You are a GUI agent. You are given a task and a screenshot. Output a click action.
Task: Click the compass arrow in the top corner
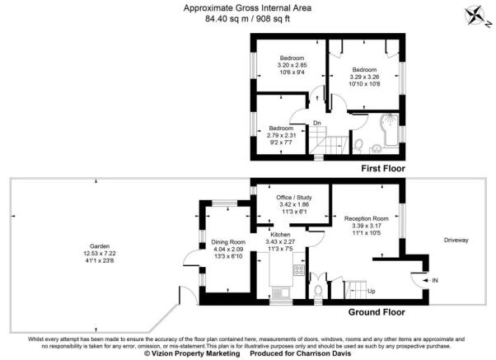[477, 13]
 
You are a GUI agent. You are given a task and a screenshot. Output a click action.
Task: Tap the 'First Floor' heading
[385, 167]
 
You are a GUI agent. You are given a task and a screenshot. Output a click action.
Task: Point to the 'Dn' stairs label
[316, 124]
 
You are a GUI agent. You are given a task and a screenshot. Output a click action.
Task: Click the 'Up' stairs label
[372, 292]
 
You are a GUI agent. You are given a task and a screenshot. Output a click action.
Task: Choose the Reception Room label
[366, 218]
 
